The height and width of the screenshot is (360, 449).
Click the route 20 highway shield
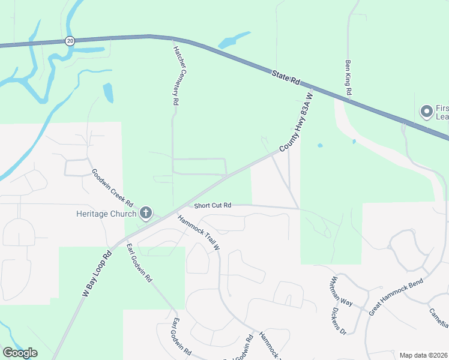click(x=70, y=41)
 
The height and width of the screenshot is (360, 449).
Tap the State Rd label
click(x=285, y=77)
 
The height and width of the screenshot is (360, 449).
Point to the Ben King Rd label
click(x=348, y=77)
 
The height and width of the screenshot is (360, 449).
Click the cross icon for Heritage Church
click(x=146, y=212)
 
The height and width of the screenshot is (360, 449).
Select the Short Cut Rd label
click(x=212, y=205)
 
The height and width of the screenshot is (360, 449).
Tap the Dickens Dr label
click(x=339, y=321)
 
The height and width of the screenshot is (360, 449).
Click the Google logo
click(x=20, y=353)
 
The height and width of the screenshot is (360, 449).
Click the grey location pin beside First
click(x=427, y=112)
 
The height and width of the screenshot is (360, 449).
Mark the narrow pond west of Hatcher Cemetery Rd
click(x=108, y=92)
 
